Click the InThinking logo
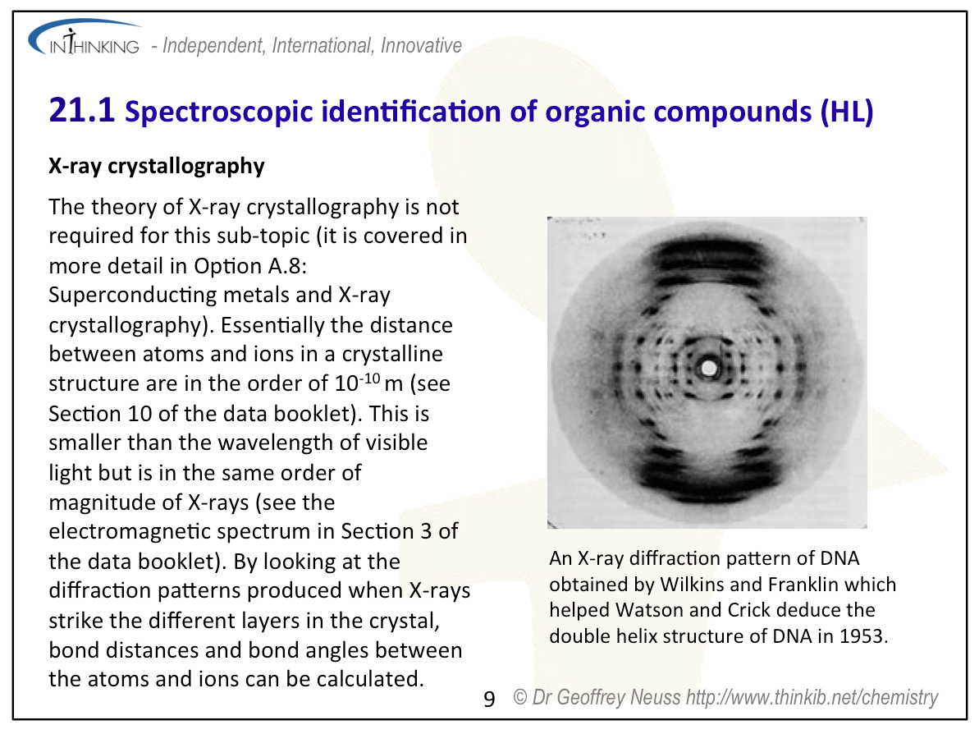85,38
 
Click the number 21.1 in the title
82,111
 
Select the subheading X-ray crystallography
157,166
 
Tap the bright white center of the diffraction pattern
709,368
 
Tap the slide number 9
489,699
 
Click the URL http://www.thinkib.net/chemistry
812,698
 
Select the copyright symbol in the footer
520,696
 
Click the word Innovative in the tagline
422,46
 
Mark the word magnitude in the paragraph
112,502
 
